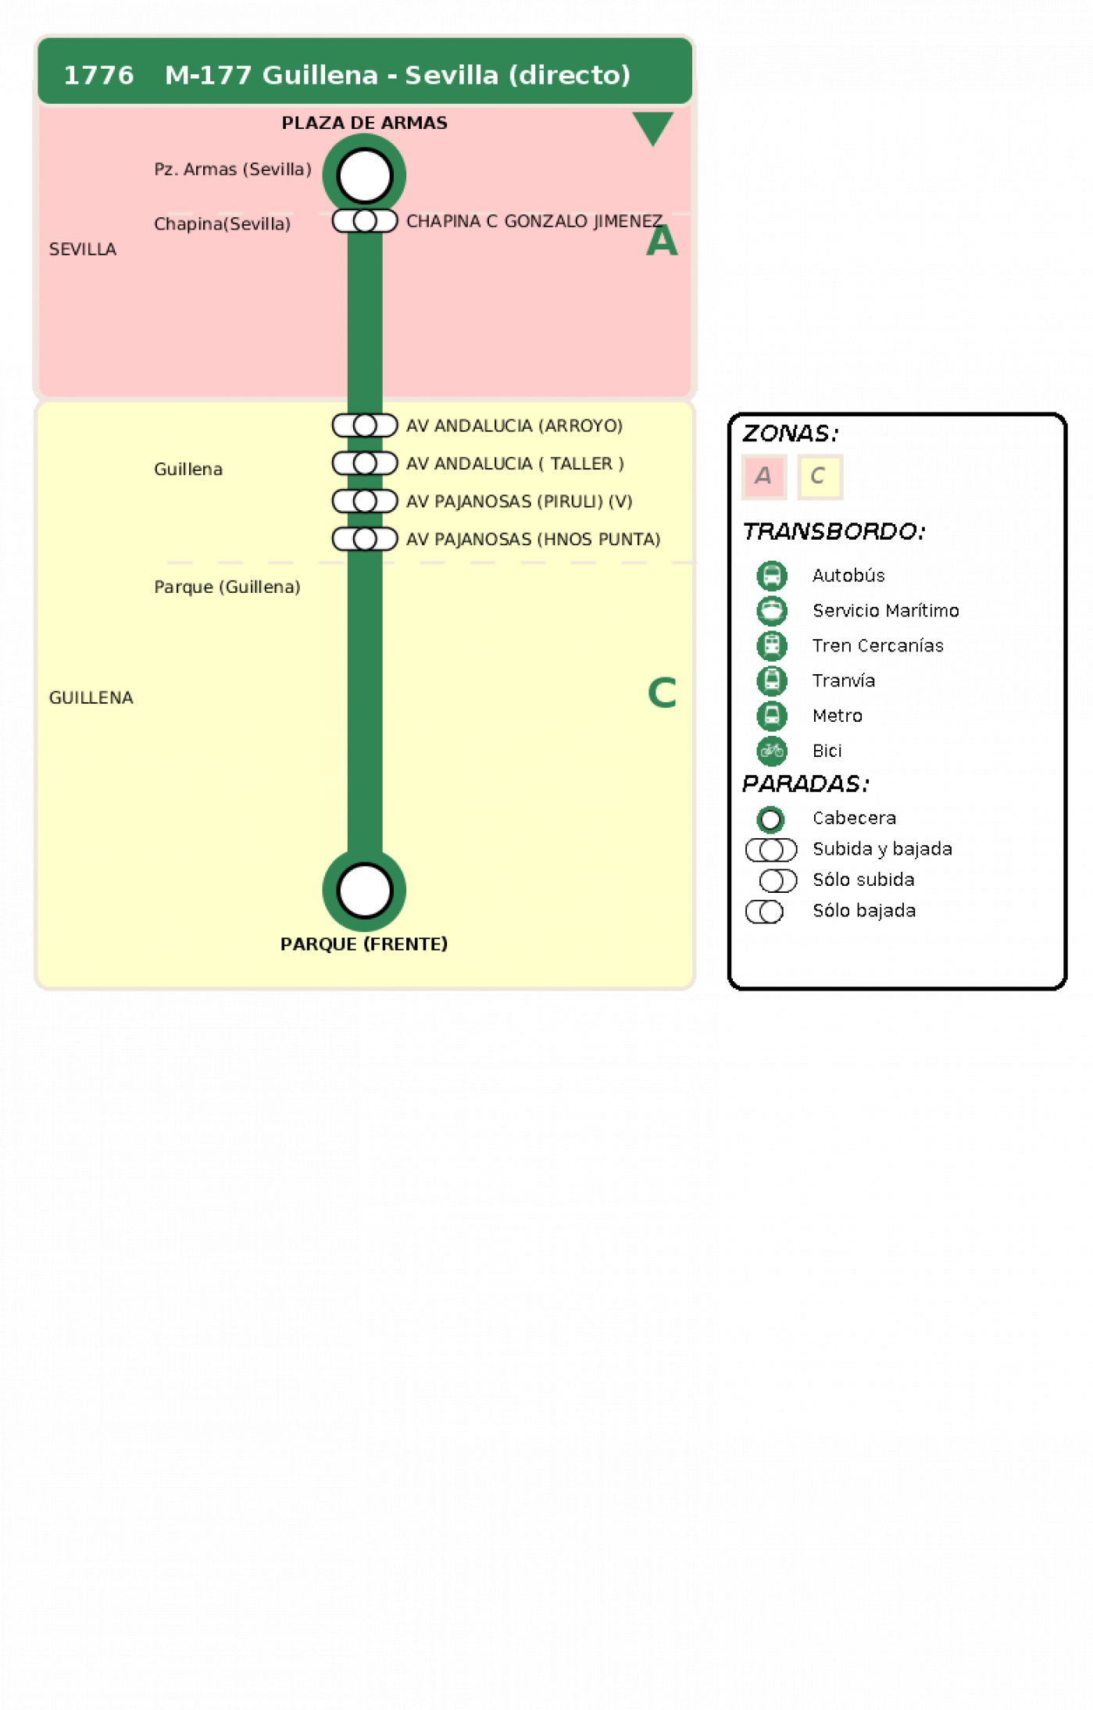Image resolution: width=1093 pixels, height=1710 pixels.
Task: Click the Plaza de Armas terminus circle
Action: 364,175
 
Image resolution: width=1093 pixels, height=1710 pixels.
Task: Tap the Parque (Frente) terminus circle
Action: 364,890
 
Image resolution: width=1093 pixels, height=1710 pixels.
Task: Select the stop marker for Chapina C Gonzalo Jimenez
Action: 365,221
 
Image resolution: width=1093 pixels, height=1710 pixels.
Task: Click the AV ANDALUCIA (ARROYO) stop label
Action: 514,426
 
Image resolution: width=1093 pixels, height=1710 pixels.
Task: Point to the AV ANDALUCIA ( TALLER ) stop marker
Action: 365,463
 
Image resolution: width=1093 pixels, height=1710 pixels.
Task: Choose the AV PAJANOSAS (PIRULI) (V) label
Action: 519,502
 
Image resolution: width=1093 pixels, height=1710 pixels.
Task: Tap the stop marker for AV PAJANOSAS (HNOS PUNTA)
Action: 365,539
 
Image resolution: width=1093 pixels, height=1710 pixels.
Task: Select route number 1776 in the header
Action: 98,75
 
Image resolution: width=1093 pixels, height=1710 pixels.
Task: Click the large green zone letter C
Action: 662,693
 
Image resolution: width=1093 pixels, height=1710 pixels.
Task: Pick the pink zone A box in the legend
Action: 763,476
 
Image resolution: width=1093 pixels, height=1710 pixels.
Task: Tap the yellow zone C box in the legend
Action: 820,476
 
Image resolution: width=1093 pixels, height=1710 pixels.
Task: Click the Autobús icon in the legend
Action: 771,576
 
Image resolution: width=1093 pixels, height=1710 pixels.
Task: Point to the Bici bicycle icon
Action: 771,751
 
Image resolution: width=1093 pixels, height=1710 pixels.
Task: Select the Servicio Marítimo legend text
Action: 886,610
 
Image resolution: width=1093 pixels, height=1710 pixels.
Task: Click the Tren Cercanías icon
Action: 771,645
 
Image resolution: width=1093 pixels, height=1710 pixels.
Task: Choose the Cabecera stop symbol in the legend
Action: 770,819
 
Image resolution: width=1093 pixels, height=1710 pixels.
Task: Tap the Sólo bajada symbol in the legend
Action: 764,912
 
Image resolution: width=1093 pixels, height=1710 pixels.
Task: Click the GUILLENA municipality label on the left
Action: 91,698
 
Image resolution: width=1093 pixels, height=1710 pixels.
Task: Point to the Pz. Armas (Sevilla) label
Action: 233,170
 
